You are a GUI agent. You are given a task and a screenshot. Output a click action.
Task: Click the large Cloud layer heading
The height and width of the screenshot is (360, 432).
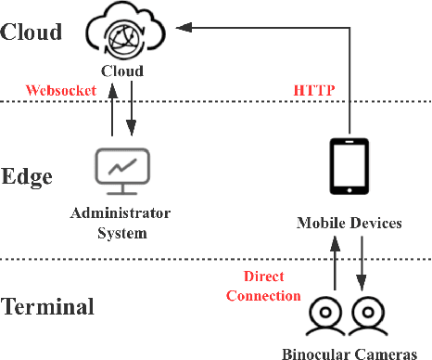[31, 32]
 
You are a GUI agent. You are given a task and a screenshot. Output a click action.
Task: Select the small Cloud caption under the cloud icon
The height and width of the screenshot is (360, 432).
[121, 71]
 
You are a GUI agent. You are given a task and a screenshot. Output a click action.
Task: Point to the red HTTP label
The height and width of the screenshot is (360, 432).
[313, 91]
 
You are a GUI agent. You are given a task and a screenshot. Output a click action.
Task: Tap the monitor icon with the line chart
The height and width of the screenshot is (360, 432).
[121, 170]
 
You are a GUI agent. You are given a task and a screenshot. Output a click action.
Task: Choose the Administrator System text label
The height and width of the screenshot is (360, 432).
[121, 224]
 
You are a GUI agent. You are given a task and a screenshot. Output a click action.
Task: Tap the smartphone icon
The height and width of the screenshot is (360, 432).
[349, 168]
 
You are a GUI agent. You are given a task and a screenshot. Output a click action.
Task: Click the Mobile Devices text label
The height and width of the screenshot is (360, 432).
[349, 224]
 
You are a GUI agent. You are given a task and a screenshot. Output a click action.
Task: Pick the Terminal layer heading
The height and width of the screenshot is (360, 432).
[47, 307]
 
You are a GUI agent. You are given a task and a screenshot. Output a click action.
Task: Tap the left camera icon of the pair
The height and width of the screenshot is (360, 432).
[327, 315]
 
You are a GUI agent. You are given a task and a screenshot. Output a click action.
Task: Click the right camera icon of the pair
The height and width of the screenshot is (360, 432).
[368, 315]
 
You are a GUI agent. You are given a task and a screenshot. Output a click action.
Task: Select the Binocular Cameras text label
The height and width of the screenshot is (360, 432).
[349, 352]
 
